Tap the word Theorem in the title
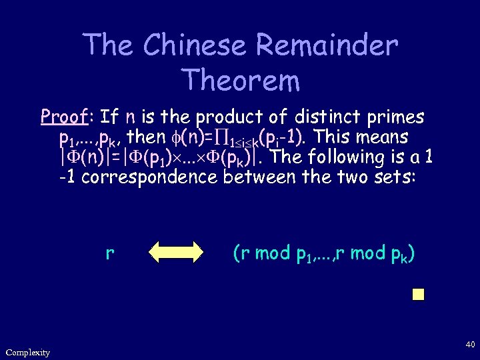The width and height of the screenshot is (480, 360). click(241, 80)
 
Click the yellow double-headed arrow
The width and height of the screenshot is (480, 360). click(175, 253)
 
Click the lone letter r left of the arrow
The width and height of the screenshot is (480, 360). click(109, 254)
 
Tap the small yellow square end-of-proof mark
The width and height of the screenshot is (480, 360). click(418, 295)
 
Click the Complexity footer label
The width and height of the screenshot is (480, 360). click(27, 352)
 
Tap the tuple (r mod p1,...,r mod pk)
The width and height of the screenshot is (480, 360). click(323, 254)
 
